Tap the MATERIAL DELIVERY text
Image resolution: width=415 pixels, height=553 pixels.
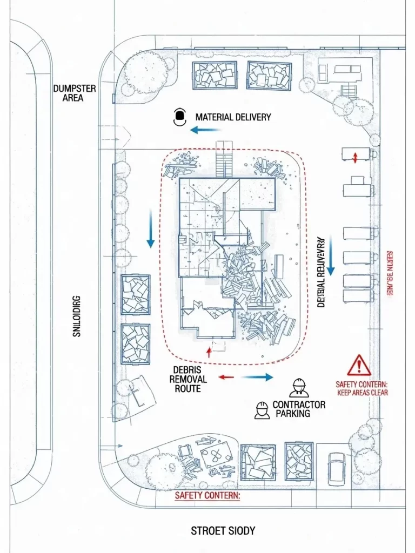(x=233, y=117)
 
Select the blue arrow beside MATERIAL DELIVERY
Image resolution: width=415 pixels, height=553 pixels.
(x=205, y=130)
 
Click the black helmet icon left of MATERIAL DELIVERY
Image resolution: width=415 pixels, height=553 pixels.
(x=179, y=117)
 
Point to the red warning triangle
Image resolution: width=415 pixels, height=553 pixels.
(x=359, y=366)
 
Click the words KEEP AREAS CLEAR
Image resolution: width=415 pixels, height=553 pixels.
(x=362, y=393)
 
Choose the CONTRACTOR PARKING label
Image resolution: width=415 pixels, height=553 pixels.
(x=299, y=409)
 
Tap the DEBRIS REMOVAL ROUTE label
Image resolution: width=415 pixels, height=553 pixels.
(x=188, y=379)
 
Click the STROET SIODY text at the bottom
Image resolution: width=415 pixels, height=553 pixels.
(x=223, y=531)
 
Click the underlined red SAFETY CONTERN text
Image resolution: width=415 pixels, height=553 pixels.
(x=207, y=495)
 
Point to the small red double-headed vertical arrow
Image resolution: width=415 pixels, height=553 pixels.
(x=355, y=158)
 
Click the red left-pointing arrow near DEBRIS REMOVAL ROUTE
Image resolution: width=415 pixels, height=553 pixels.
(x=225, y=377)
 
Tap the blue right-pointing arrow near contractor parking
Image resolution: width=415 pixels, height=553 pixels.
(x=258, y=377)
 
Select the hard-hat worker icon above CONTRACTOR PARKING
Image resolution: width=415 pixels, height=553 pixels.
(x=298, y=387)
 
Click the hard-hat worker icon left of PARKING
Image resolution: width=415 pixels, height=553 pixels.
(x=262, y=410)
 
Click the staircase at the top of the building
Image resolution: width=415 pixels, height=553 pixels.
(x=224, y=160)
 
